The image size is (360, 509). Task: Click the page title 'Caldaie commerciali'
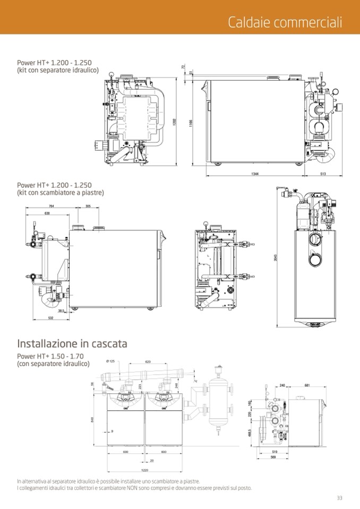click(285, 22)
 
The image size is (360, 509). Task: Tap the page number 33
click(339, 497)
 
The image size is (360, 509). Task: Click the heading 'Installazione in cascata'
click(72, 343)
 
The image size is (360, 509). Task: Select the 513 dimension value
click(323, 174)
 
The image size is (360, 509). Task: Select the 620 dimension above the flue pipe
click(148, 361)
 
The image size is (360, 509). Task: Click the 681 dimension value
click(307, 385)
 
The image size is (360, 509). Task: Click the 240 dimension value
click(282, 385)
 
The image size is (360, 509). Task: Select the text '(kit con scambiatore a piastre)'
click(61, 193)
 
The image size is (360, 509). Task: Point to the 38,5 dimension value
click(62, 310)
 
